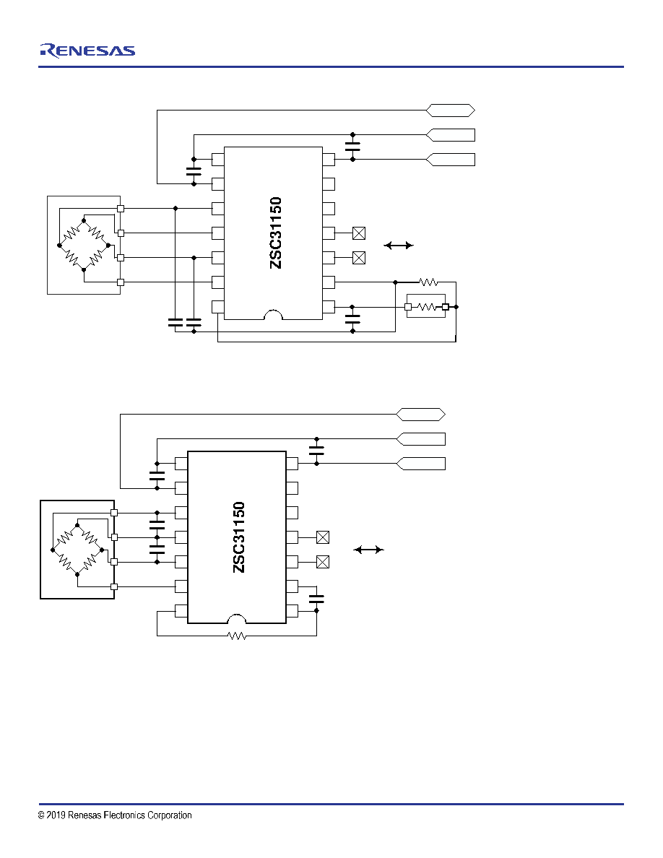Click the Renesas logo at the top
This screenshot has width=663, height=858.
87,51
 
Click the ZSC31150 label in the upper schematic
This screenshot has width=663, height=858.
276,233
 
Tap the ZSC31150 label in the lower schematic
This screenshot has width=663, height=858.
239,537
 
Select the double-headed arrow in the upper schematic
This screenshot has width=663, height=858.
399,246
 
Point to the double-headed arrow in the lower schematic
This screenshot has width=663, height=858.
369,550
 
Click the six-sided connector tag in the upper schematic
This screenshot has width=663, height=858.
450,110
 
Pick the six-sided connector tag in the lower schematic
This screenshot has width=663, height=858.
420,415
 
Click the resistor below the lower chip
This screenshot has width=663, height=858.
237,636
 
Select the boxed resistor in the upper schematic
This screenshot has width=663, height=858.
427,307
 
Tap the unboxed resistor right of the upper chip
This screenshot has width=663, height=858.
428,282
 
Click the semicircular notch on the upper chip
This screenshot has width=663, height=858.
274,315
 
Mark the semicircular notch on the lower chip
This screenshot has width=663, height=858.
237,618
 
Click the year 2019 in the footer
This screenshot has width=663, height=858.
56,815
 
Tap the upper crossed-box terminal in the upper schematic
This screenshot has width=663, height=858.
359,233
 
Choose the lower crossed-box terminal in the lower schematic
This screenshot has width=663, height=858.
323,562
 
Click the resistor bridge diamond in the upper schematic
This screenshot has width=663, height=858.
84,245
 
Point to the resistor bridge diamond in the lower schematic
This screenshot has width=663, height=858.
77,550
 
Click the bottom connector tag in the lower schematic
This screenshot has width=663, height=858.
420,464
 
